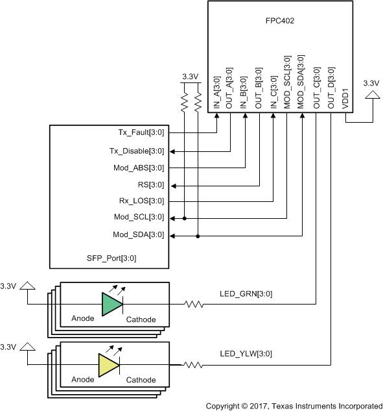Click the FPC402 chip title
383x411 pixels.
pos(280,21)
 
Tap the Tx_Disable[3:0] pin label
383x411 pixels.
pos(137,151)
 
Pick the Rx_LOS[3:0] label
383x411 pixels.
pos(140,201)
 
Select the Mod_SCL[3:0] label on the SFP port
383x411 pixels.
pos(139,218)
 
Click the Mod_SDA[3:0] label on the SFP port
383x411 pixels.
pos(139,234)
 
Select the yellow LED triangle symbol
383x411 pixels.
pos(108,365)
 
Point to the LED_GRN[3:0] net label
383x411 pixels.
pos(246,294)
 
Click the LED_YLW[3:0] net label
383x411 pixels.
pos(246,355)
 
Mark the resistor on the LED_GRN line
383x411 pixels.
pos(193,303)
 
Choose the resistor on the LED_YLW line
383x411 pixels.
pos(193,365)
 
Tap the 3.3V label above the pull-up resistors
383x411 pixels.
pos(189,77)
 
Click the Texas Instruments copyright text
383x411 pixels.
pos(294,405)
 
